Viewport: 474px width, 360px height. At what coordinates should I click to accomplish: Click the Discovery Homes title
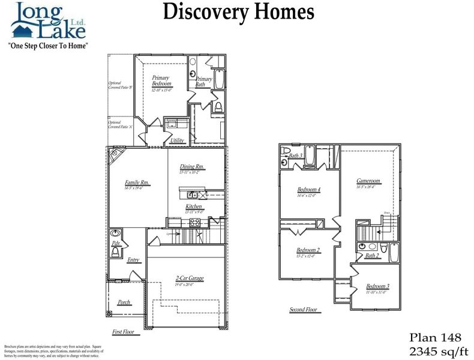pyautogui.click(x=238, y=11)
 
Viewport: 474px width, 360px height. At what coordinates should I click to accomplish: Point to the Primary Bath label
pyautogui.click(x=204, y=82)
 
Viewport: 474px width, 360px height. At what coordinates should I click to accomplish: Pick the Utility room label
pyautogui.click(x=177, y=140)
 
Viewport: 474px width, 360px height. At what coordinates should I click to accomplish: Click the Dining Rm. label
pyautogui.click(x=192, y=167)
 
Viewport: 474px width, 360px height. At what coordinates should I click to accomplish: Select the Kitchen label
pyautogui.click(x=193, y=206)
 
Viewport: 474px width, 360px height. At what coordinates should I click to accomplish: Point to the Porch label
pyautogui.click(x=124, y=302)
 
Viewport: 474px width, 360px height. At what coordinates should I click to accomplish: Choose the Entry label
pyautogui.click(x=133, y=260)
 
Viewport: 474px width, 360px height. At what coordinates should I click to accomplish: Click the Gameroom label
pyautogui.click(x=368, y=181)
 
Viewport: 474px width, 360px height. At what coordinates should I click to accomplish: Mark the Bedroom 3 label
pyautogui.click(x=377, y=286)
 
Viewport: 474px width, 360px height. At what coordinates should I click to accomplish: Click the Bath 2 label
pyautogui.click(x=373, y=256)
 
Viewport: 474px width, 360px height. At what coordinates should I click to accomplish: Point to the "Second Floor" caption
pyautogui.click(x=303, y=310)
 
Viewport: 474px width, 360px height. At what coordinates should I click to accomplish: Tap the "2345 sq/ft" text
pyautogui.click(x=438, y=350)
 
